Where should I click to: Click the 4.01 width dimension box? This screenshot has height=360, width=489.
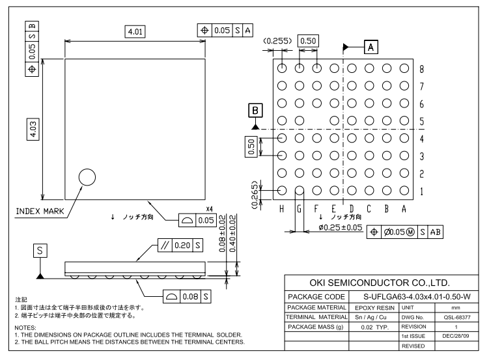(x=136, y=32)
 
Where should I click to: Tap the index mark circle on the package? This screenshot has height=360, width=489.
(x=87, y=177)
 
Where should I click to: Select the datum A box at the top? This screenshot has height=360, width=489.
(x=370, y=47)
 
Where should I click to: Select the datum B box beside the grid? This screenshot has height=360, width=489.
(x=257, y=110)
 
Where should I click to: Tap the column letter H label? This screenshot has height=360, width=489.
(x=282, y=208)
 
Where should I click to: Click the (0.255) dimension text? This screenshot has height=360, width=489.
(x=277, y=41)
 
